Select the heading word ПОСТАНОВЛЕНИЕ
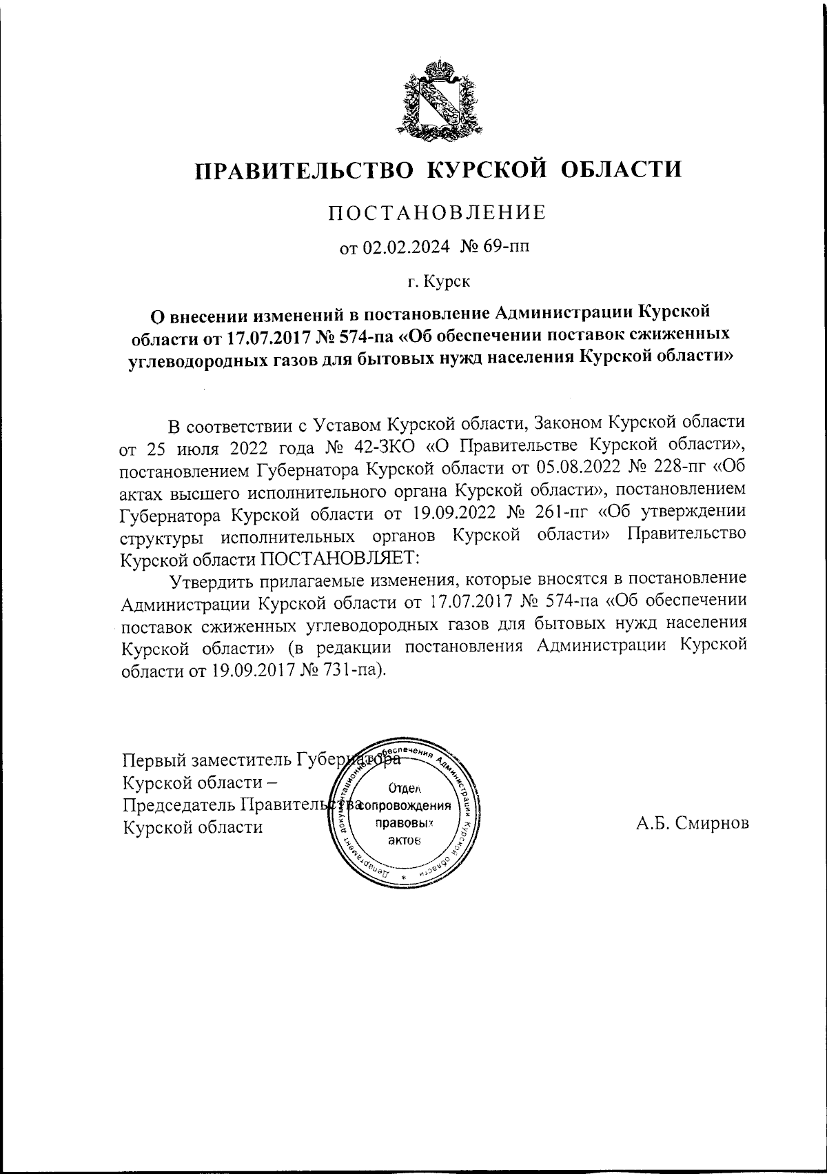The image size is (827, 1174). point(436,212)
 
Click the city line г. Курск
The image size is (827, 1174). point(438,281)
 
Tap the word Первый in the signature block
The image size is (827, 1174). point(154,760)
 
